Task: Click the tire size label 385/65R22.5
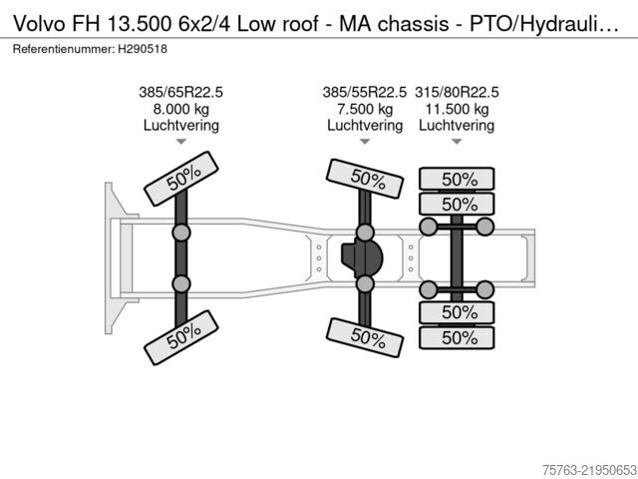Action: tap(181, 92)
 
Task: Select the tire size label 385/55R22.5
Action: tap(365, 92)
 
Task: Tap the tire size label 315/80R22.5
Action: tap(457, 92)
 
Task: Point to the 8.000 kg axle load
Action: tap(181, 109)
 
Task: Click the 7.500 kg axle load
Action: tap(365, 109)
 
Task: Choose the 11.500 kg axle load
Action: tap(457, 109)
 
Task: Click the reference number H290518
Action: tap(143, 49)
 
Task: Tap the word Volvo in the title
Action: tap(39, 24)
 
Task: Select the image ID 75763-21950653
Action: tap(589, 470)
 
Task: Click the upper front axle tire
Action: tap(181, 179)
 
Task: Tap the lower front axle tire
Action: tap(181, 337)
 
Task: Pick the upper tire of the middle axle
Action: tap(365, 179)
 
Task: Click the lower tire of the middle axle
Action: tap(365, 337)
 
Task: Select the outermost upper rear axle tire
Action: tap(457, 179)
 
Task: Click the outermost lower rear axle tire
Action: tap(457, 337)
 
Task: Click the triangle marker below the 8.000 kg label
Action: tap(181, 142)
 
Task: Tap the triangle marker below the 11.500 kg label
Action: tap(457, 142)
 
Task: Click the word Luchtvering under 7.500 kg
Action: tap(365, 126)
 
